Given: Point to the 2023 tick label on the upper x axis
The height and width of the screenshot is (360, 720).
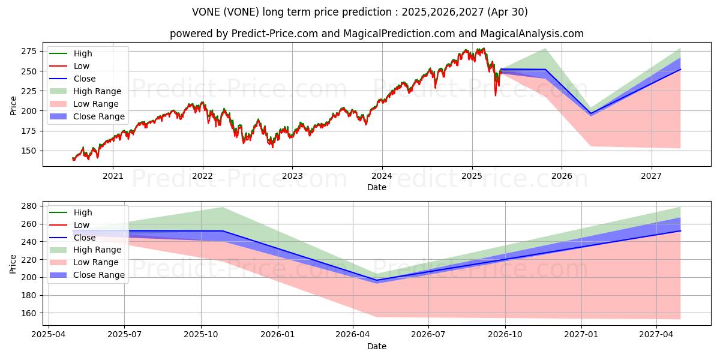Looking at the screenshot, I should (x=292, y=176).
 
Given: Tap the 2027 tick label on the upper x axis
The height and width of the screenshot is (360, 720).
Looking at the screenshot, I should (x=651, y=176).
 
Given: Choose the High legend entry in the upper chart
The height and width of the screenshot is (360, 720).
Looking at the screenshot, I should (x=83, y=53).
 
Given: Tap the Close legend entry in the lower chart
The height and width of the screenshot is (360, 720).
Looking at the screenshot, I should (x=85, y=238).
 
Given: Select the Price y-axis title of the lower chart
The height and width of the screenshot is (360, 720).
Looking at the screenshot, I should (x=13, y=263).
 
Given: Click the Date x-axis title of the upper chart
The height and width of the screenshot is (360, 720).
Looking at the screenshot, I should (x=376, y=187).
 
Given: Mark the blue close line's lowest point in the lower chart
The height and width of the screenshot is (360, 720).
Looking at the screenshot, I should (x=377, y=280).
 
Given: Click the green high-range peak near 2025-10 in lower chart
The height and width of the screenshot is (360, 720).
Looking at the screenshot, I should (x=223, y=208).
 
